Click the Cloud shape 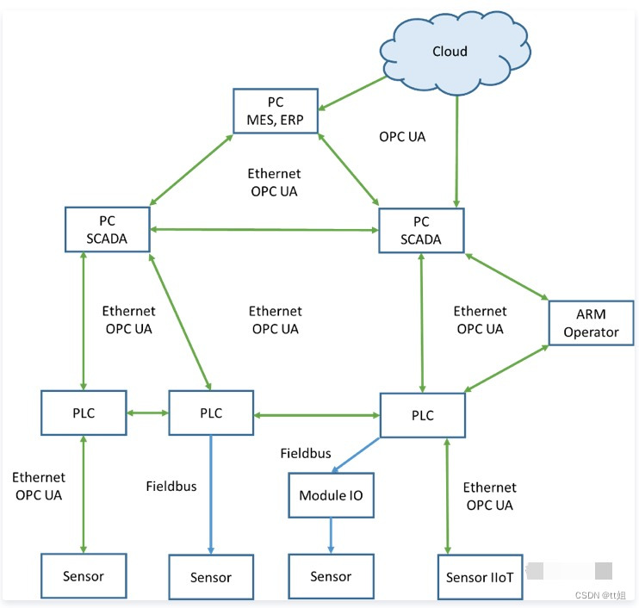click(450, 52)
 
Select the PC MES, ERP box click(276, 109)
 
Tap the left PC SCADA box click(108, 229)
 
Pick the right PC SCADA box click(421, 230)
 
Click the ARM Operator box click(591, 322)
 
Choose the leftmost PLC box click(84, 413)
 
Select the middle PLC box click(211, 413)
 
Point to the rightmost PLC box click(423, 415)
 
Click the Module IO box click(331, 495)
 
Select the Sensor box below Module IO click(331, 577)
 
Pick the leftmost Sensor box click(84, 576)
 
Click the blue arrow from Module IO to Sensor click(331, 537)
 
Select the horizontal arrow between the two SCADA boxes click(264, 229)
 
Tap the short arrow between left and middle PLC click(147, 413)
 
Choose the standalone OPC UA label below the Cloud click(402, 136)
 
